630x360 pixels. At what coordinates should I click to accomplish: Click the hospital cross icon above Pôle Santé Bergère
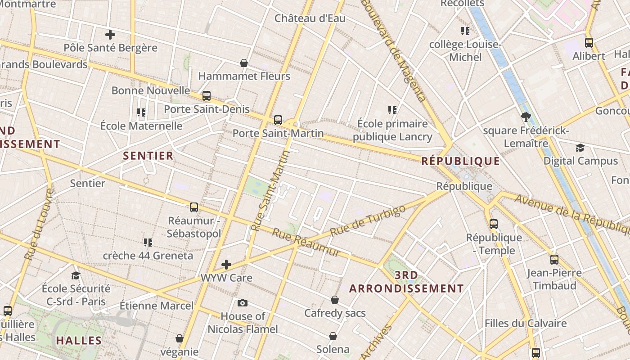(x=110, y=35)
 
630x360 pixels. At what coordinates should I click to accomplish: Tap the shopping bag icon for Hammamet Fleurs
(x=244, y=63)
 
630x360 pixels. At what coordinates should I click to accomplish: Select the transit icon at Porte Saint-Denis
(x=207, y=96)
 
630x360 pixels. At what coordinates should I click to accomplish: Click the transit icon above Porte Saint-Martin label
(x=278, y=120)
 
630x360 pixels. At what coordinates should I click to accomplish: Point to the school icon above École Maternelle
(x=141, y=112)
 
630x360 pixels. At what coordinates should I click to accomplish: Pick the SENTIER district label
(x=148, y=156)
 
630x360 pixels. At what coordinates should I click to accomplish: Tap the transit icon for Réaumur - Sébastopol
(x=194, y=207)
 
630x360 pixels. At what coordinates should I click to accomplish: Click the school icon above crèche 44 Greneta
(x=148, y=243)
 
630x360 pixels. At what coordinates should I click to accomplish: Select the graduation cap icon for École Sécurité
(x=76, y=275)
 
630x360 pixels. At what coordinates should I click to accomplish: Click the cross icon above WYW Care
(x=226, y=265)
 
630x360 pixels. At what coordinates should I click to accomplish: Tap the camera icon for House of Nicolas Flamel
(x=243, y=303)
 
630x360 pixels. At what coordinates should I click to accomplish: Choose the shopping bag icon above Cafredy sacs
(x=335, y=300)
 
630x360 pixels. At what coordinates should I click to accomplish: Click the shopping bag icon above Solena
(x=333, y=336)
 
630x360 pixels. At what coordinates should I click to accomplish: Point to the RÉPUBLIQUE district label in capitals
(x=460, y=161)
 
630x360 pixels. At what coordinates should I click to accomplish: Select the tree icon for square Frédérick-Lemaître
(x=526, y=117)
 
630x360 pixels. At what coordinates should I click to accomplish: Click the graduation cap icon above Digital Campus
(x=580, y=148)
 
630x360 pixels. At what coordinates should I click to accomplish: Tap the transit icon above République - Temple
(x=494, y=224)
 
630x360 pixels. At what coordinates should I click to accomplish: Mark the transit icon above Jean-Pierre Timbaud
(x=554, y=260)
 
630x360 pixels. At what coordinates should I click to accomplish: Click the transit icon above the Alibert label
(x=589, y=43)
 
